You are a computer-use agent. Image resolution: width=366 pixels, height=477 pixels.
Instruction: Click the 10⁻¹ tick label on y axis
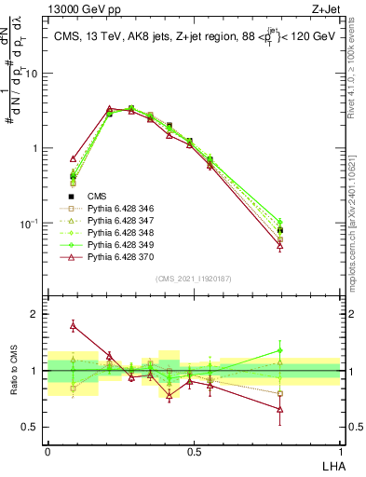tap(29, 224)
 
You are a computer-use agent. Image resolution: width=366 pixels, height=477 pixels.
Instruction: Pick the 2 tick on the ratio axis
tap(34, 314)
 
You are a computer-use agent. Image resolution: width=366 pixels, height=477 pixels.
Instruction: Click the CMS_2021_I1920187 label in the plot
tap(194, 279)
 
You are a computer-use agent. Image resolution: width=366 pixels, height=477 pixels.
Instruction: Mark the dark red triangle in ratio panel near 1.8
tap(74, 325)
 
